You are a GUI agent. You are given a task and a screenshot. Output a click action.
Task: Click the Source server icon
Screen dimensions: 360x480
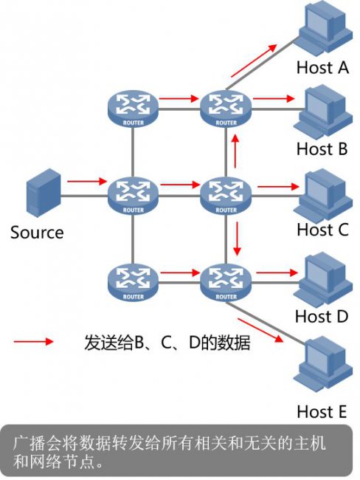click(44, 193)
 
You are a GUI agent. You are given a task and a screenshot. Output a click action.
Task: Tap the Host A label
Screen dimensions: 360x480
click(322, 67)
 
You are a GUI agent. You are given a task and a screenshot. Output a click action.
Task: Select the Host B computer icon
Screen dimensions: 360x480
click(323, 112)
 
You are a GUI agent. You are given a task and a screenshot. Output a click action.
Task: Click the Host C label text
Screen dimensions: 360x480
click(322, 229)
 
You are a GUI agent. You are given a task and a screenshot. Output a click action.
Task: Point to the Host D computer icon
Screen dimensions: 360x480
click(323, 279)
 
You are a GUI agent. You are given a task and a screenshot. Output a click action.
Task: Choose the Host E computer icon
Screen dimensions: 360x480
click(323, 363)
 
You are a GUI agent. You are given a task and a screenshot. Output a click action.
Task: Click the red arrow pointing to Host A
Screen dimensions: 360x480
click(255, 61)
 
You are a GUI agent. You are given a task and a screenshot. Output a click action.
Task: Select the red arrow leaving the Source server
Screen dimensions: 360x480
click(87, 181)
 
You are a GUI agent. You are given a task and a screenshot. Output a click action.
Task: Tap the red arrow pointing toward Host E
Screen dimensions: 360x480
click(260, 330)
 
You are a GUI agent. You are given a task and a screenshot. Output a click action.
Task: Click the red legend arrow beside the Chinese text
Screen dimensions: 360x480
click(34, 341)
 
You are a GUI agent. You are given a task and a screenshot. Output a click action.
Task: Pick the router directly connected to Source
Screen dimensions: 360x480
click(133, 195)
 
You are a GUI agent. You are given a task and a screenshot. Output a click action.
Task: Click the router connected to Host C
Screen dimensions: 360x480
click(226, 195)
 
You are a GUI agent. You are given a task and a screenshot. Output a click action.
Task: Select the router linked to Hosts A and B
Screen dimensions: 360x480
click(226, 108)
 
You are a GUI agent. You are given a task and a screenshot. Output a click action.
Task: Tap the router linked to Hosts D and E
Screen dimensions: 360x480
click(226, 282)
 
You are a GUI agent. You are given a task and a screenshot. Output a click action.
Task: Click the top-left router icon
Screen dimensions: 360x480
click(133, 108)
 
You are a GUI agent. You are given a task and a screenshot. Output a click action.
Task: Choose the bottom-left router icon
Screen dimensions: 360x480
click(133, 282)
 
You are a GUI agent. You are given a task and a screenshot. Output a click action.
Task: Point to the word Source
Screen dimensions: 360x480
click(37, 233)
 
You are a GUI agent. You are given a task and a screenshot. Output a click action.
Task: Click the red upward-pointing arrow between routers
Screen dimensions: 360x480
click(235, 151)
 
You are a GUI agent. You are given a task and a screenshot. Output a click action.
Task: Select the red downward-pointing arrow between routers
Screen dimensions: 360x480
click(237, 239)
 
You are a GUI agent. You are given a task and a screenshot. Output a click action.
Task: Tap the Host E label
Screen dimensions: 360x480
click(322, 411)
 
